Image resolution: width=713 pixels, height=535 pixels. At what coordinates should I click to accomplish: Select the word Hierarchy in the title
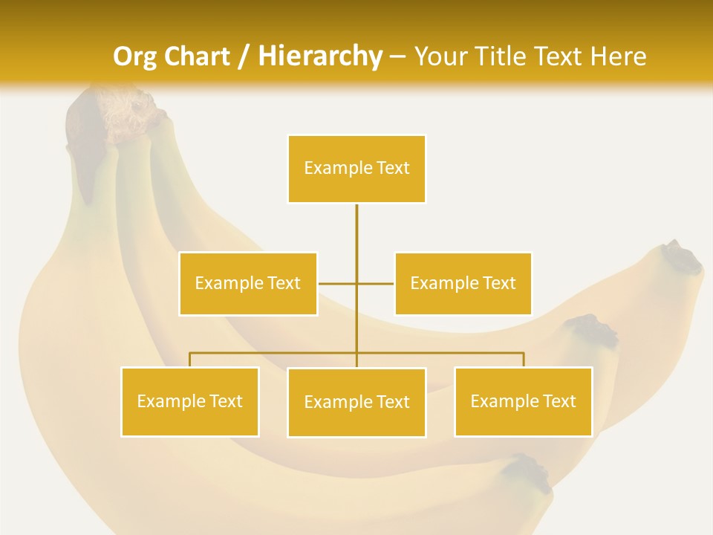[320, 56]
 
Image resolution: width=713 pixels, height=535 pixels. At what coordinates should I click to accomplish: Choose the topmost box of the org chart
[356, 169]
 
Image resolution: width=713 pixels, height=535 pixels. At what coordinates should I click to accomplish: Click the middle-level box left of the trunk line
[248, 284]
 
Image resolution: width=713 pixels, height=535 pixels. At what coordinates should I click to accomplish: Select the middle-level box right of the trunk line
[463, 284]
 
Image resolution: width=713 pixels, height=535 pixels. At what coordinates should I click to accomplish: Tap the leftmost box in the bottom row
[190, 402]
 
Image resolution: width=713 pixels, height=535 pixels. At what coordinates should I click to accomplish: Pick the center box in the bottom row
[356, 403]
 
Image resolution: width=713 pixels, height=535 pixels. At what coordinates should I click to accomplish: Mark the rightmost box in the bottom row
[524, 402]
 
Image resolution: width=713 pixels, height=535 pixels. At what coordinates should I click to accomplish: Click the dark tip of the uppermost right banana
[683, 256]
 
